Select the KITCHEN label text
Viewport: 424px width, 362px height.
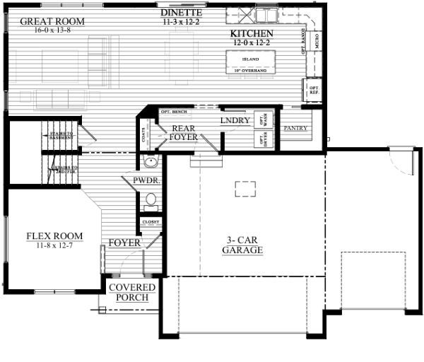(252, 34)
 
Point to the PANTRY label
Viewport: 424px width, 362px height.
(294, 129)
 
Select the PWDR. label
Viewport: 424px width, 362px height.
(146, 181)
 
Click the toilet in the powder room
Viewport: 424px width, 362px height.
(150, 201)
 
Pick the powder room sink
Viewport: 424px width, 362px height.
(148, 164)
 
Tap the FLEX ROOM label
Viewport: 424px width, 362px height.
(54, 236)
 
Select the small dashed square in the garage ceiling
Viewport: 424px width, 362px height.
(245, 188)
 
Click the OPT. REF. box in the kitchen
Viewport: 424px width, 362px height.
(314, 90)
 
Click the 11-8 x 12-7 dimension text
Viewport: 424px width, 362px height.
(54, 245)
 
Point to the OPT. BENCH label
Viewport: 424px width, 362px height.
(174, 112)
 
